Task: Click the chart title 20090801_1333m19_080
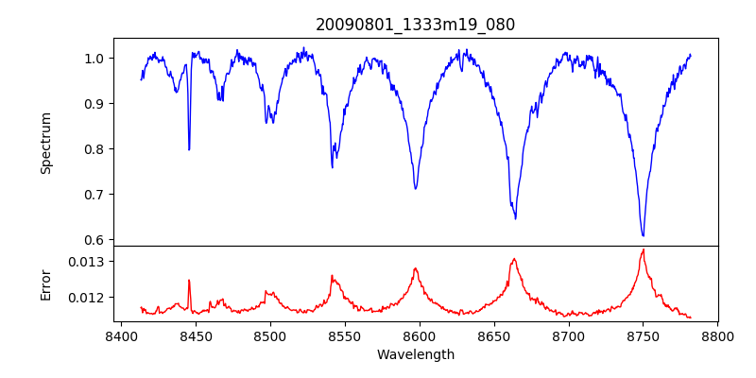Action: tap(415, 25)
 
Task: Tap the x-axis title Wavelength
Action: tap(415, 354)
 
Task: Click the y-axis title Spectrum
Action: tap(45, 143)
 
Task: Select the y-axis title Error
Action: tap(45, 283)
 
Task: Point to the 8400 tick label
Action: tap(120, 335)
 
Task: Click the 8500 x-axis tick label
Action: tap(269, 335)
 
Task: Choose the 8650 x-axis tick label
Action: tap(493, 335)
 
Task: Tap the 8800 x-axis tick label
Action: tap(717, 335)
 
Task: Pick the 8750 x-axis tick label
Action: tap(643, 335)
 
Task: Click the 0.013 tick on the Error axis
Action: tap(88, 262)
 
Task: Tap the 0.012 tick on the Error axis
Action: tap(88, 298)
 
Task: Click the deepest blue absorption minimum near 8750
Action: tap(643, 235)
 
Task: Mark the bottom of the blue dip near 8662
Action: tap(515, 218)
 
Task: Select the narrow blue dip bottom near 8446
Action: tap(189, 149)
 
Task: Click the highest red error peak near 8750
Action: tap(643, 249)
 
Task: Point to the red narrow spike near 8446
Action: tap(189, 280)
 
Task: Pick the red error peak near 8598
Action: tap(415, 269)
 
